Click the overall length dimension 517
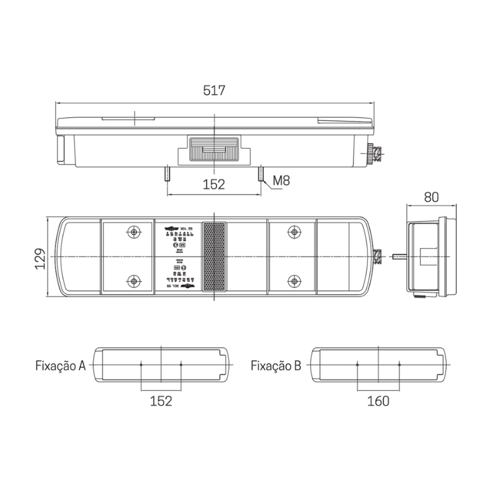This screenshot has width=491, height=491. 214,91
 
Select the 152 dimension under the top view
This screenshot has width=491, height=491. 214,184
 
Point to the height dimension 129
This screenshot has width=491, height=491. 39,257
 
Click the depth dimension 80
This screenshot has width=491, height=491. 431,197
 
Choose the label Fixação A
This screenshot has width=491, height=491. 60,366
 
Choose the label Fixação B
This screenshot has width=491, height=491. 276,366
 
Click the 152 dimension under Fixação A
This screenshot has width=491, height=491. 161,401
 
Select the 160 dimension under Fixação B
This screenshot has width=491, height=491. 378,401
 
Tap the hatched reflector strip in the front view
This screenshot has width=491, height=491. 214,257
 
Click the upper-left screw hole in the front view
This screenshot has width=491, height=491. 133,232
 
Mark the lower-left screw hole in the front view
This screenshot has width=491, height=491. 133,282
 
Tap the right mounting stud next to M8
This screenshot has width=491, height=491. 261,175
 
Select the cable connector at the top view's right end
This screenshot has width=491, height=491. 376,153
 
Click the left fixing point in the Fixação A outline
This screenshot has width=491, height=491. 141,365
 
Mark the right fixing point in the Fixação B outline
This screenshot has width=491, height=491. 399,365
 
